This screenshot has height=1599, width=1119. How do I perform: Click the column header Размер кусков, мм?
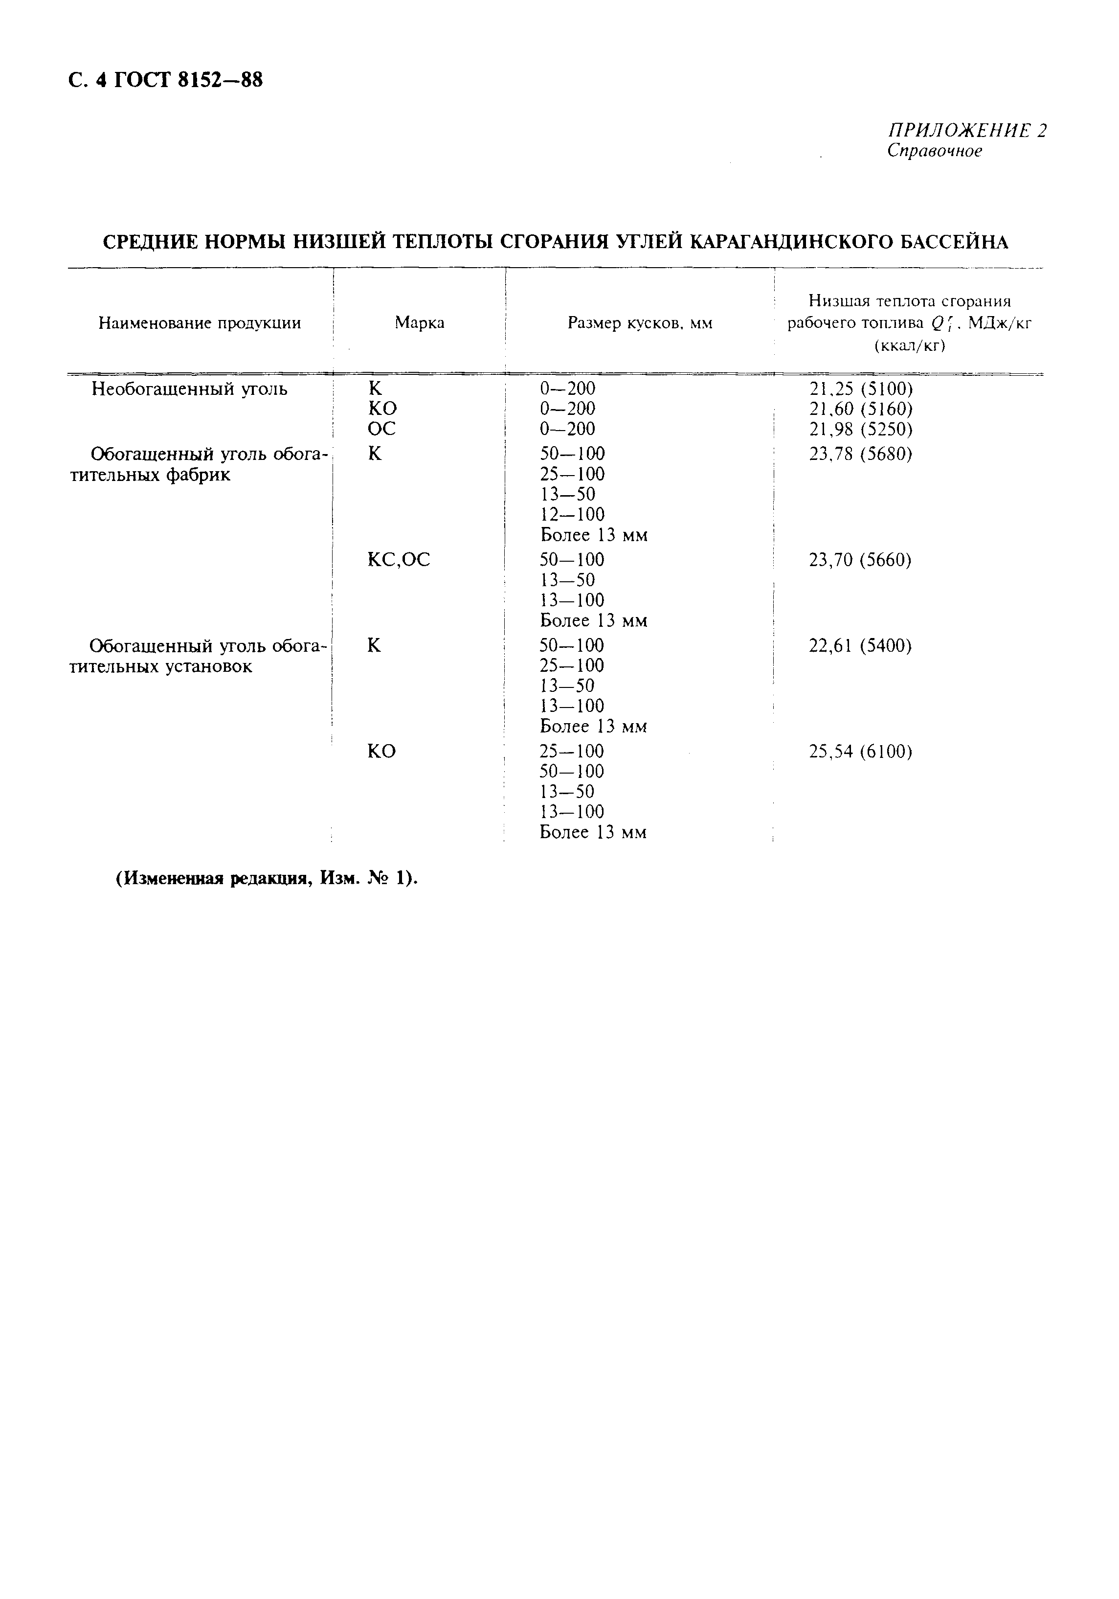[639, 323]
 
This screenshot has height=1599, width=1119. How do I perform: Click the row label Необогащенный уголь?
[189, 388]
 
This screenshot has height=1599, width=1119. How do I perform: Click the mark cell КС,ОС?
[398, 559]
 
